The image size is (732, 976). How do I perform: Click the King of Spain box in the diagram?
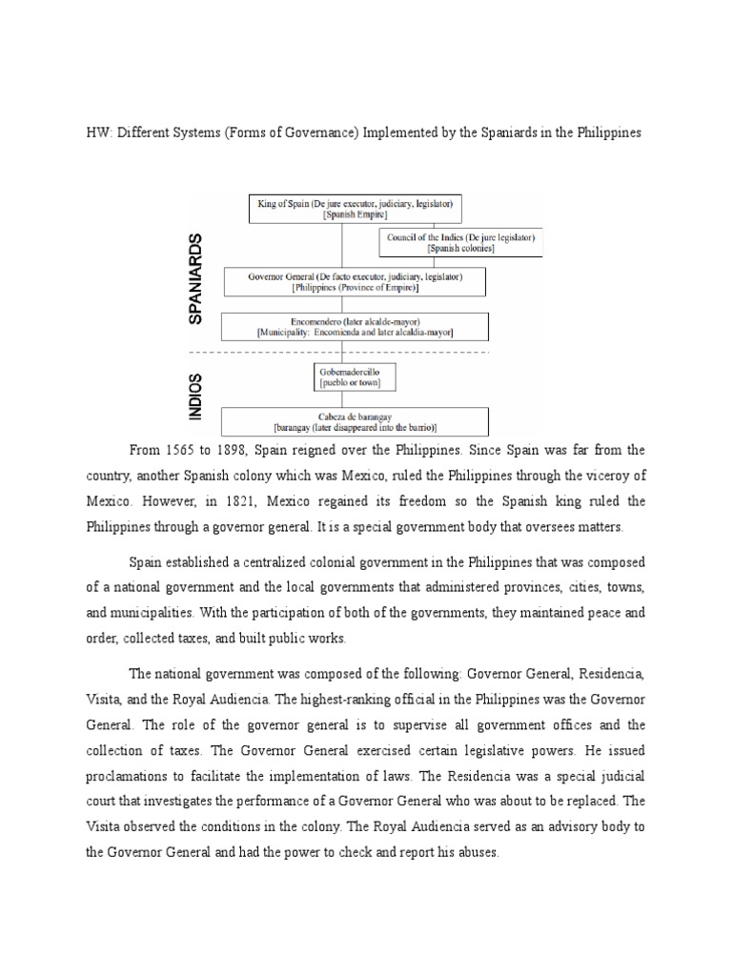(x=356, y=209)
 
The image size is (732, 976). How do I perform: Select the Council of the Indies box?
(x=461, y=242)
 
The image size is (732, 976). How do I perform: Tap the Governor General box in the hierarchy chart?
(x=355, y=282)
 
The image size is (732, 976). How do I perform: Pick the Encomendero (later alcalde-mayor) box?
(x=355, y=326)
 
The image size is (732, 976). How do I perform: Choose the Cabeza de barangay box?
(x=355, y=421)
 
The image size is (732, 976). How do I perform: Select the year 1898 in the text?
(x=251, y=450)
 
